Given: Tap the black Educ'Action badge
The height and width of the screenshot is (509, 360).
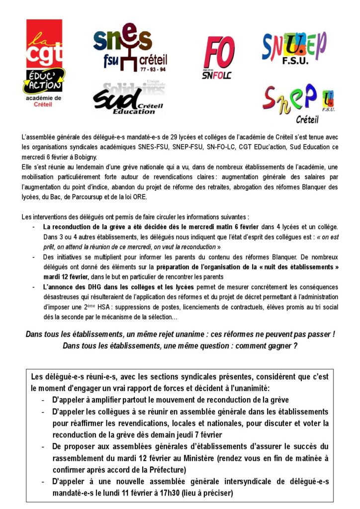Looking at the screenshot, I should [x=44, y=80].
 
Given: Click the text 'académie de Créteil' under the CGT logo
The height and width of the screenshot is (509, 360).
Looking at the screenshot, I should [x=44, y=101].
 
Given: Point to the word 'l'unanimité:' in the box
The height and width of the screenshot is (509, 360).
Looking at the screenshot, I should [x=248, y=388].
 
